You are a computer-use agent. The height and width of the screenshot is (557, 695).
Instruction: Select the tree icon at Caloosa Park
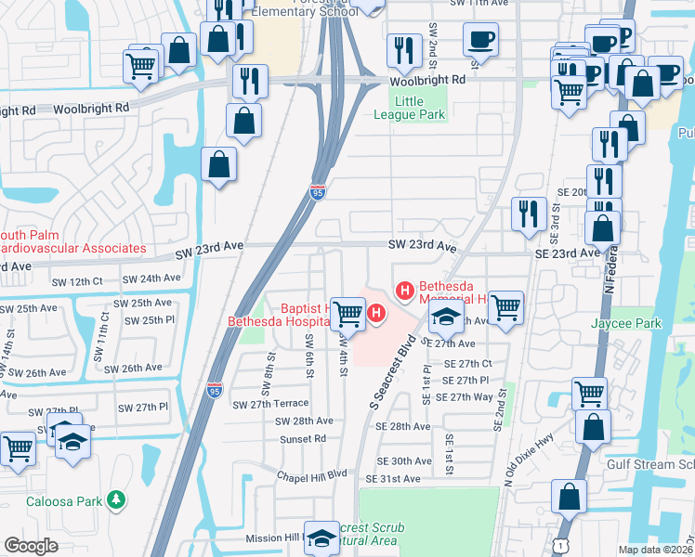coord(116,500)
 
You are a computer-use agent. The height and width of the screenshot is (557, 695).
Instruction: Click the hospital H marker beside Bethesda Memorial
coord(405,291)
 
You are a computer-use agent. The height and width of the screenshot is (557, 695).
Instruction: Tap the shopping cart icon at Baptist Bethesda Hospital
coord(348,313)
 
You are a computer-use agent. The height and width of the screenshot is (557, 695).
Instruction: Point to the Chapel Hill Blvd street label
coord(310,473)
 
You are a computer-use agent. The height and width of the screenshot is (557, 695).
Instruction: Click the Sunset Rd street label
coord(307,438)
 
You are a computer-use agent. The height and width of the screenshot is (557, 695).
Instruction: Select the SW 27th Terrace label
coord(269,404)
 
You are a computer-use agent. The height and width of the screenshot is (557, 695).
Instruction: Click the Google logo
coord(31,546)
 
